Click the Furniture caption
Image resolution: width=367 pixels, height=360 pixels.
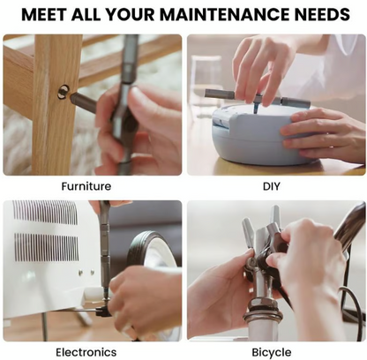point(86,186)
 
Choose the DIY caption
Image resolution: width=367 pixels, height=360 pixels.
point(272,186)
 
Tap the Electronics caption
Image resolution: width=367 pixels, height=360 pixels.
point(86,352)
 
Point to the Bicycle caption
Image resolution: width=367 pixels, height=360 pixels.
point(272,352)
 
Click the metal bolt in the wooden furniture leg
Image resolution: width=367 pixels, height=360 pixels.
point(64,92)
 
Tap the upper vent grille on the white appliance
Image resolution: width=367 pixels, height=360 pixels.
point(45,213)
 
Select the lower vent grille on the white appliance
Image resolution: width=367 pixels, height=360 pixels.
point(47,247)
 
